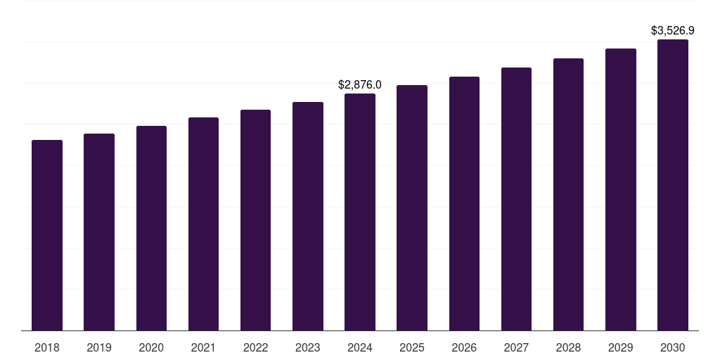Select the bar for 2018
point(47,236)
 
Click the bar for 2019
point(99,232)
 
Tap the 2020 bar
point(151,229)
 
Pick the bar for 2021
point(203,224)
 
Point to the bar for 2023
point(308,217)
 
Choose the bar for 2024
point(360,212)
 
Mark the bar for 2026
point(464,204)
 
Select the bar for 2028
point(568,195)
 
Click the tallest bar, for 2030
point(673,185)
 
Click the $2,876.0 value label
point(360,84)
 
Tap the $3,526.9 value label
point(673,31)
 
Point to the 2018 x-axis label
point(47,347)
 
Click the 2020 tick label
point(151,347)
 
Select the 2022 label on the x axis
point(256,347)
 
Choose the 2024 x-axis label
point(360,347)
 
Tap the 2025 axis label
point(412,347)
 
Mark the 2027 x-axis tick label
point(516,347)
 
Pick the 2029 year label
point(621,347)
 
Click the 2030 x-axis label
point(673,347)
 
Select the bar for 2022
point(256,220)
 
